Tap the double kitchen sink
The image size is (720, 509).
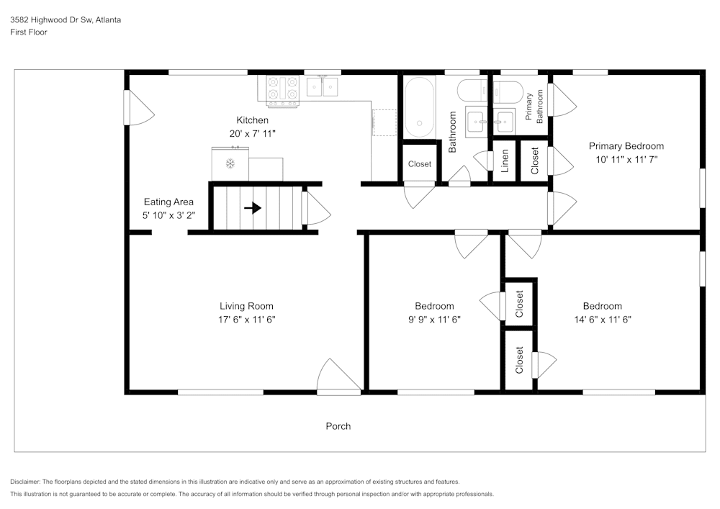point(323,87)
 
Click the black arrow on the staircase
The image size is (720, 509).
point(252,208)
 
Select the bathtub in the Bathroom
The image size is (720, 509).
point(418,107)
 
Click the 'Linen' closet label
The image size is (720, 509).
point(505,161)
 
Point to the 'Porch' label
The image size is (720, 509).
point(338,426)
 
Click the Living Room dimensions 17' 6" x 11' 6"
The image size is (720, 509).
point(246,319)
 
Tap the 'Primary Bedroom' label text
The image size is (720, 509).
point(626,146)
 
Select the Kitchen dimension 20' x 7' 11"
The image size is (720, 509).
point(252,133)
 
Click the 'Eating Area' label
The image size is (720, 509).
point(168,202)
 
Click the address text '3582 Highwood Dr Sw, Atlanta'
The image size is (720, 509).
point(66,20)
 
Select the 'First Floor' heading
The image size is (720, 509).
point(29,32)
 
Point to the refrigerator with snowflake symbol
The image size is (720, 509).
point(230,163)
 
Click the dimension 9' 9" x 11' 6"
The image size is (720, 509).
point(433,319)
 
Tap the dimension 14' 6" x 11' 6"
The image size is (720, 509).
point(602,319)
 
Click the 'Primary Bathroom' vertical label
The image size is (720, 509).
point(534,107)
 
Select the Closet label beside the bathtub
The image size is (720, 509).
point(419,164)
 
